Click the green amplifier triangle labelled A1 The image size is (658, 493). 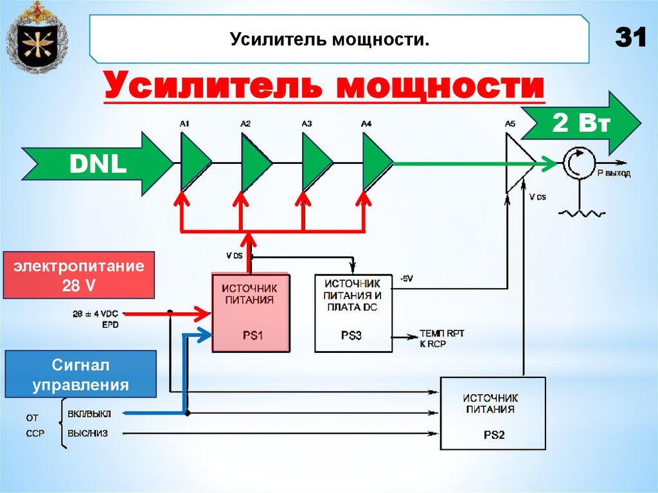193,162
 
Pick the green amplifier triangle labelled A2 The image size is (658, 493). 254,162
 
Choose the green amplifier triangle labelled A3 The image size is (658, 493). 314,162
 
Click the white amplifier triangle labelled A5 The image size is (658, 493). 517,163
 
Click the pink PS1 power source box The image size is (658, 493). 251,313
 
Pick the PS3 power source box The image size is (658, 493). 353,313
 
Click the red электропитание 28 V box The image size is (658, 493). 79,275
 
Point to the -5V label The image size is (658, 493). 406,278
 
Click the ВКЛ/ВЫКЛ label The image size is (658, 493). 87,413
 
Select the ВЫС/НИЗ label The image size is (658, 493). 87,434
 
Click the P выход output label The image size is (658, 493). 614,174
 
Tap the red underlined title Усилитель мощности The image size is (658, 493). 325,86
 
